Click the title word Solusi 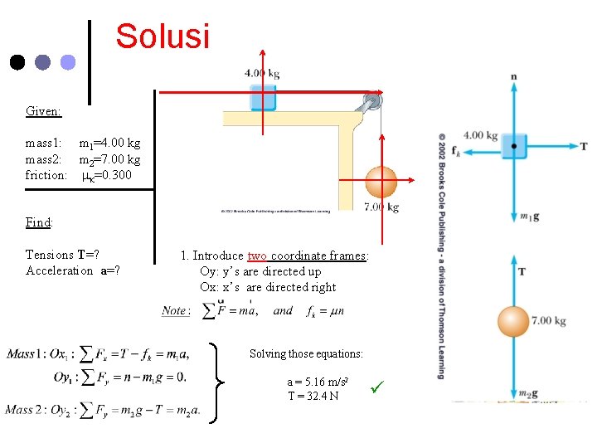[x=163, y=37]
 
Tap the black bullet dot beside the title [x=17, y=62]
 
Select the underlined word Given [x=42, y=110]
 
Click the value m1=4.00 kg [x=109, y=144]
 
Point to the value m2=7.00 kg [x=109, y=159]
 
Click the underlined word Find [x=38, y=222]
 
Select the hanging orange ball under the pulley [x=381, y=181]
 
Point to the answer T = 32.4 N [x=313, y=396]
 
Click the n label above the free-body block [x=514, y=77]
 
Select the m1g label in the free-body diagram [x=527, y=217]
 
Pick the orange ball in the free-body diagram [x=513, y=322]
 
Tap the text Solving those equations [x=306, y=354]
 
